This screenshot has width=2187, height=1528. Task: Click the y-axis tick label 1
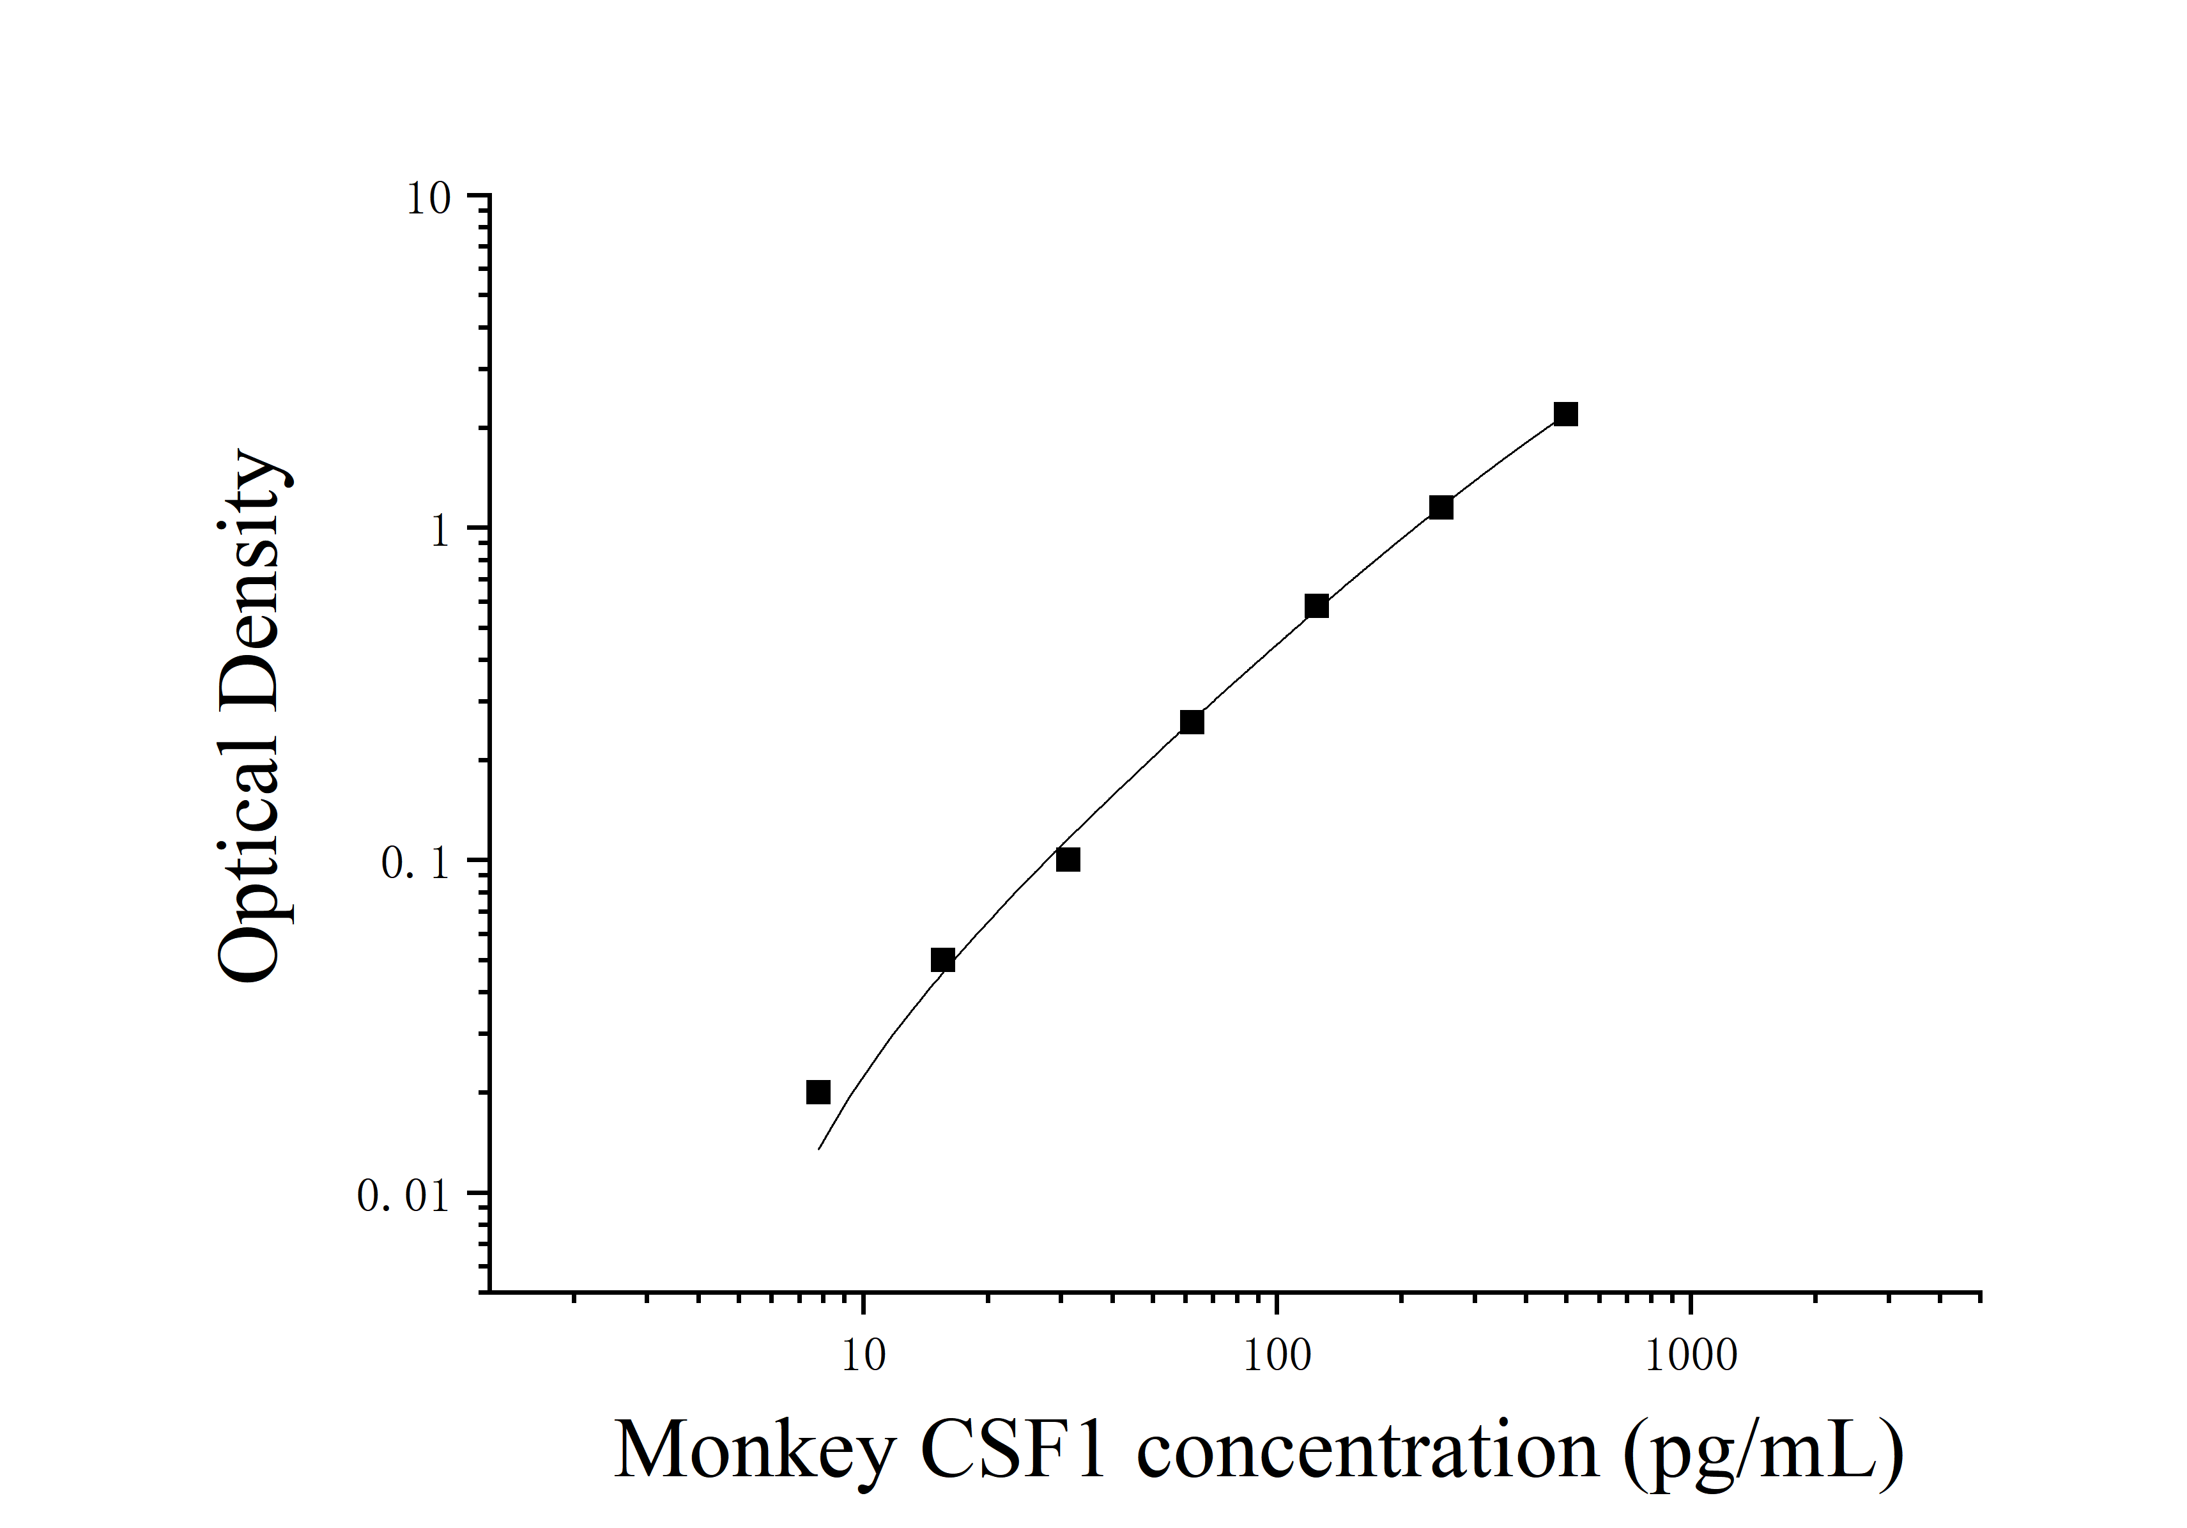pos(439,530)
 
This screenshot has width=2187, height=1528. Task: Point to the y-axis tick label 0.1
pos(415,863)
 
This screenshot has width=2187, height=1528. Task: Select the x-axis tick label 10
pos(863,1355)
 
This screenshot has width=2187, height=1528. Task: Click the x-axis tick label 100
pos(1277,1355)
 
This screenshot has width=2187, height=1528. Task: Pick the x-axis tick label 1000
pos(1691,1355)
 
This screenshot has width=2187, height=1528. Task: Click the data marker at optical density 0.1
pos(1068,860)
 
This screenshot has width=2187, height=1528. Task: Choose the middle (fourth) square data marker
pos(1192,722)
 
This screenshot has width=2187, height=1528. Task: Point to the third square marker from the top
pos(1316,606)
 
